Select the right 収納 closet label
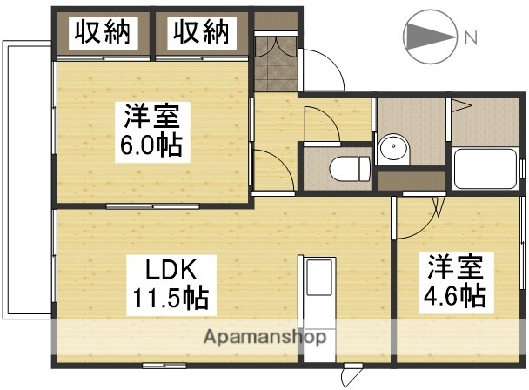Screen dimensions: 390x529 [200, 33]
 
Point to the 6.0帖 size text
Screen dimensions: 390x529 [151, 145]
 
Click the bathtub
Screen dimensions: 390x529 [485, 170]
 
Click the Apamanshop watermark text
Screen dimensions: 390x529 [265, 336]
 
